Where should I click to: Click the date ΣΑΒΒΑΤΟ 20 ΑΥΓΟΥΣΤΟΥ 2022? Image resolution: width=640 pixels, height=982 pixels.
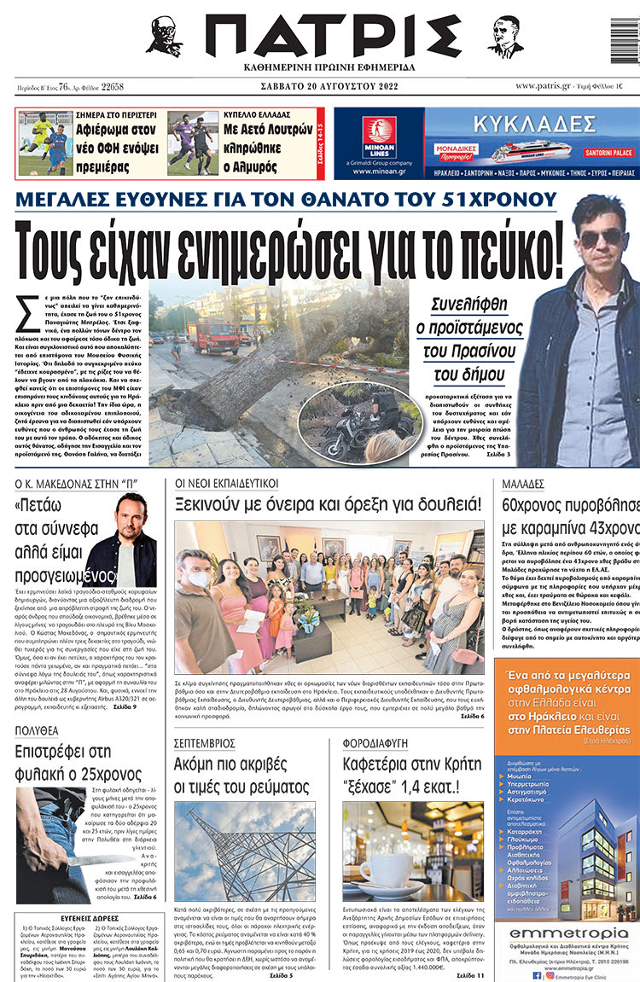pos(332,86)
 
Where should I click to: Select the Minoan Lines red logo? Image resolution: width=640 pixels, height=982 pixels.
pos(379,133)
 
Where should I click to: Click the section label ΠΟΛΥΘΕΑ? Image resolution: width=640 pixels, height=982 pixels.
pos(37,731)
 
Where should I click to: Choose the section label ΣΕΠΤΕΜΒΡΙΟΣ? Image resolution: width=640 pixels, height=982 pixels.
pos(207,743)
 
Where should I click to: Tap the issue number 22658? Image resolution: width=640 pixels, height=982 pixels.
pos(112,87)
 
